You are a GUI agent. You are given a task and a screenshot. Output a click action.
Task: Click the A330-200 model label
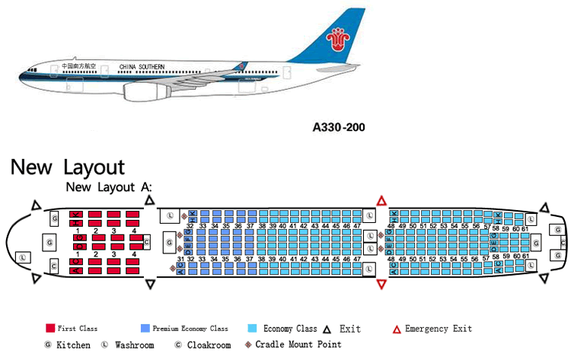(x=339, y=128)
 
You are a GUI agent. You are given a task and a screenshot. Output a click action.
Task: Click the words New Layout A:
(x=109, y=187)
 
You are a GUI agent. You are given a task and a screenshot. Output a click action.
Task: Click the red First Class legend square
(x=50, y=329)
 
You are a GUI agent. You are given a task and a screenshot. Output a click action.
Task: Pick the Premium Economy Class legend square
(x=145, y=329)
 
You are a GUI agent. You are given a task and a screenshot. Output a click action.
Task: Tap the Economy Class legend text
(x=290, y=329)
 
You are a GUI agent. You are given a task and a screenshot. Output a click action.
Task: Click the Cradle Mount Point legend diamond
(x=248, y=345)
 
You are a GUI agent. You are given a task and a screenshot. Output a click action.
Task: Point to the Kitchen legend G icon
(x=48, y=345)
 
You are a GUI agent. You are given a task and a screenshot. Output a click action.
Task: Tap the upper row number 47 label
(x=356, y=226)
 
